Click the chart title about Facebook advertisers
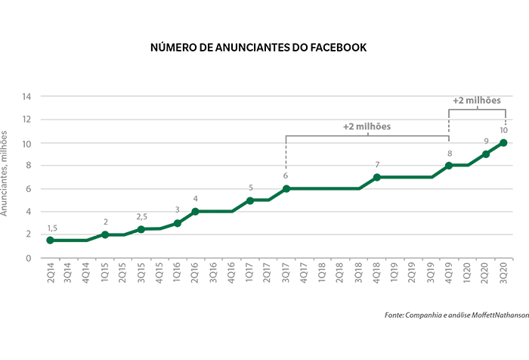pos(259,48)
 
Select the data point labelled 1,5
pos(51,240)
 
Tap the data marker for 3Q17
pos(286,188)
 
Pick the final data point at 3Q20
pos(503,142)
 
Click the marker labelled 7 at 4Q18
pos(376,177)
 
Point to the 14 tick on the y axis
pos(26,97)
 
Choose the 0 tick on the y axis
pos(29,258)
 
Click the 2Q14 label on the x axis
pos(51,273)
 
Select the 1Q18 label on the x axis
pos(322,273)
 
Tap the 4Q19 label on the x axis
pos(449,273)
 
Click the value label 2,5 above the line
pos(141,217)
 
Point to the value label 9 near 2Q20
pos(486,141)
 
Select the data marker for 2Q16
pos(196,211)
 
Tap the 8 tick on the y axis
pos(29,166)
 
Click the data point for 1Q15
pos(105,234)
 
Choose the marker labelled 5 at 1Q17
pos(249,200)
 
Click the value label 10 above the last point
pos(504,130)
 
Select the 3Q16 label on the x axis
pos(213,273)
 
